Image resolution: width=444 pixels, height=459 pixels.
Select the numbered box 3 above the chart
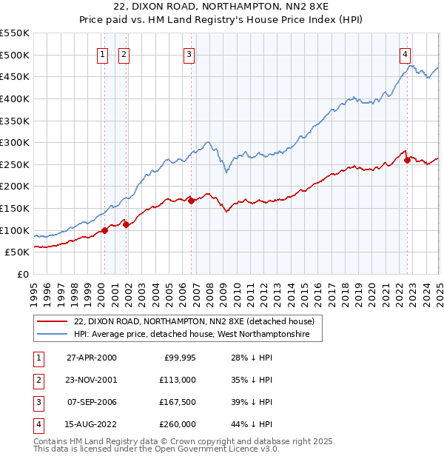(x=189, y=53)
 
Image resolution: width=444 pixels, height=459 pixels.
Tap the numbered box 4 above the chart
(x=406, y=53)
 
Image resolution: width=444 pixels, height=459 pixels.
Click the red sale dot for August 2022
(x=408, y=160)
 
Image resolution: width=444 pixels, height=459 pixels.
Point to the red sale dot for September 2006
(x=191, y=200)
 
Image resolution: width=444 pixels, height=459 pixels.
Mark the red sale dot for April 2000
(x=104, y=229)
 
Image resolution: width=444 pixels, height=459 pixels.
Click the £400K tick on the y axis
(x=15, y=98)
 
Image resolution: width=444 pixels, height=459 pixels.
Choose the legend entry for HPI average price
(x=198, y=335)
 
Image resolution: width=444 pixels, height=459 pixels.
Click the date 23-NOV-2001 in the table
(x=91, y=380)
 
